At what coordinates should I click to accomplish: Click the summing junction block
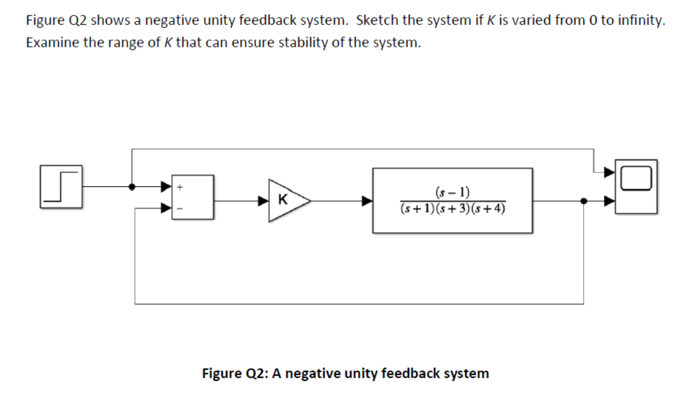[x=193, y=197]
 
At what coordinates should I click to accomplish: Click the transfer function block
[x=452, y=200]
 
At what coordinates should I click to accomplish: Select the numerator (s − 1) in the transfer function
[x=453, y=192]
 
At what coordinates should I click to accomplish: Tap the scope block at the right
[x=636, y=186]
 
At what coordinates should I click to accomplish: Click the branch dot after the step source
[x=132, y=187]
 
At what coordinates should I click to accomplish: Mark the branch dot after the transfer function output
[x=583, y=201]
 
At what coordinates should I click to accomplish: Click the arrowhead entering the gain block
[x=263, y=201]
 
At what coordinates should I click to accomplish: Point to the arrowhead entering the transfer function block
[x=367, y=201]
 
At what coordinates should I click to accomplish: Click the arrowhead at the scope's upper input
[x=609, y=172]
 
